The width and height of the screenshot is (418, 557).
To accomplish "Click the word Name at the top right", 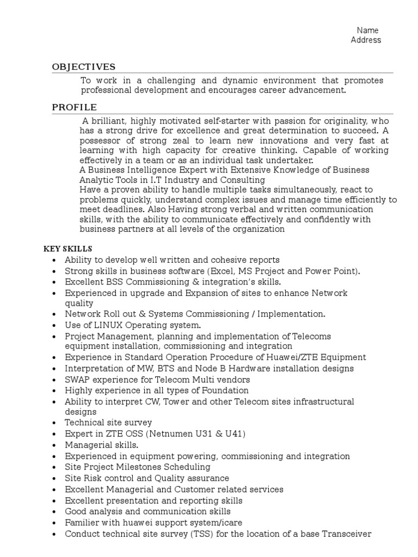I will tap(367, 30).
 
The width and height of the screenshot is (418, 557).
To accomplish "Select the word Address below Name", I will tap(366, 40).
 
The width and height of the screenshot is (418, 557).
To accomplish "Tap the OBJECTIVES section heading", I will tap(83, 67).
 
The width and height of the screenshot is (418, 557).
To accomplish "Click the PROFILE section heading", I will tap(75, 107).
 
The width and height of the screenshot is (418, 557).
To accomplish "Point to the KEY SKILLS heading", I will tap(68, 249).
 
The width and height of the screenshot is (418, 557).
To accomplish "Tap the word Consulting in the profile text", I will tap(242, 180).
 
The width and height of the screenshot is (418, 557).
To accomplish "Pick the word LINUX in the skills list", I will tap(104, 325).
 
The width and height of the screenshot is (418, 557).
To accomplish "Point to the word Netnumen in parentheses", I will tap(180, 434).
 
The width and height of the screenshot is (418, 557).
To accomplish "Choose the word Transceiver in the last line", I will tap(346, 534).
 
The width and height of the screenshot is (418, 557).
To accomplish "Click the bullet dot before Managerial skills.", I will tap(54, 445).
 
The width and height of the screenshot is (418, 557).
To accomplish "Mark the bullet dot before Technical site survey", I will tap(54, 423).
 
